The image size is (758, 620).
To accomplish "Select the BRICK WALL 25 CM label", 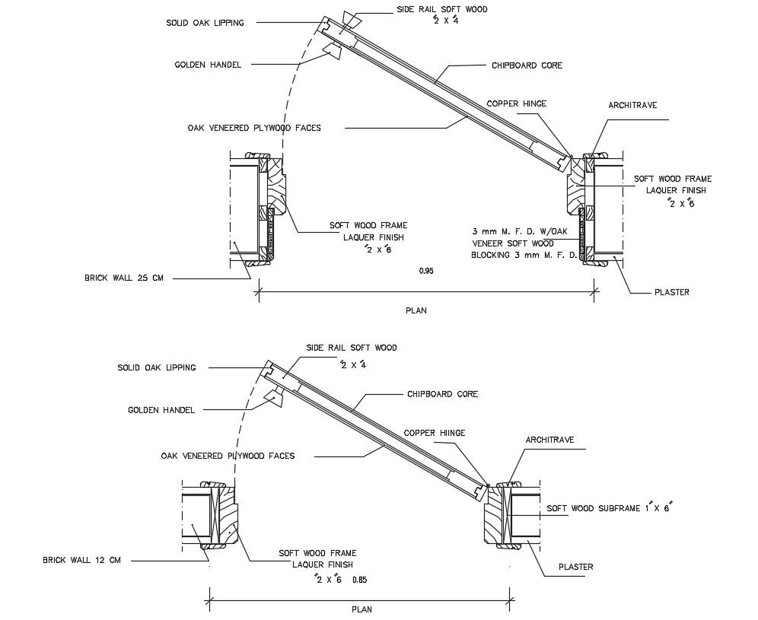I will [x=124, y=278].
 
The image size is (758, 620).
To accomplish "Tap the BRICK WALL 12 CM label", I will [x=82, y=561].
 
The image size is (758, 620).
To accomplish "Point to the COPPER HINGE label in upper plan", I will [x=516, y=103].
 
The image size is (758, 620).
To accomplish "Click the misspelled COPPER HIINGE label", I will [x=434, y=433].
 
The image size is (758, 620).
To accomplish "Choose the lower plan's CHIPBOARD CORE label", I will [x=442, y=394].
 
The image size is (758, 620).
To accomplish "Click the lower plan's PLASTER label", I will [x=575, y=566].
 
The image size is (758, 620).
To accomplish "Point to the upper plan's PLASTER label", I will [x=671, y=291].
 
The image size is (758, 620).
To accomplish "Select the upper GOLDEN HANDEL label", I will [x=208, y=65].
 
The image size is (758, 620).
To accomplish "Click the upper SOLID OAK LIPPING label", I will [x=205, y=23].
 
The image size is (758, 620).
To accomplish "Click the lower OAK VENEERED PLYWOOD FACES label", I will [x=228, y=456].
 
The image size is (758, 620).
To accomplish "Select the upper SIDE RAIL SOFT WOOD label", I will [x=441, y=10].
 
